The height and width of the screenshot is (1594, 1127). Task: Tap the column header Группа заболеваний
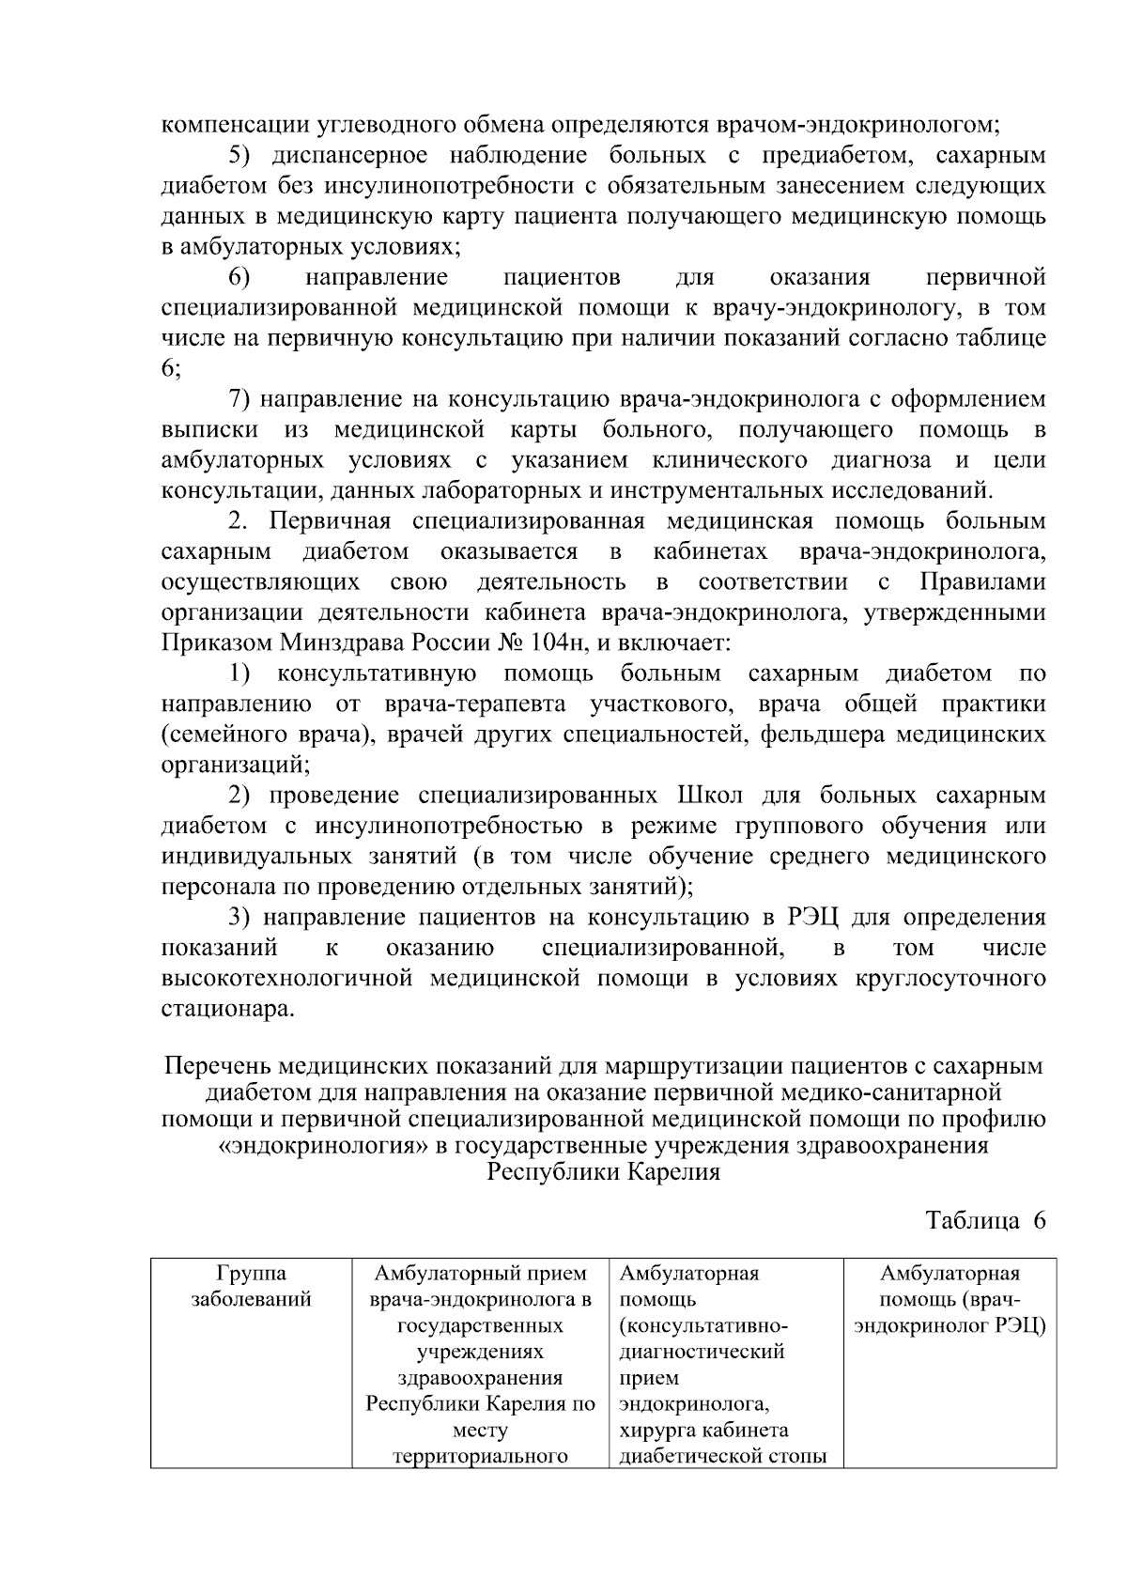pyautogui.click(x=251, y=1287)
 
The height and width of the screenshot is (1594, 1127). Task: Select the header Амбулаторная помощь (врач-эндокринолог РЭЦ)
pyautogui.click(x=949, y=1300)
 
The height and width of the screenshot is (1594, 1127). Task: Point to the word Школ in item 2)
pyautogui.click(x=709, y=796)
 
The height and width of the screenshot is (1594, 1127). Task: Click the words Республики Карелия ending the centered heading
pyautogui.click(x=603, y=1172)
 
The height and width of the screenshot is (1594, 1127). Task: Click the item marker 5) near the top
pyautogui.click(x=244, y=155)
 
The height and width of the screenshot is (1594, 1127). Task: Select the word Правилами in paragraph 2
pyautogui.click(x=982, y=582)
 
